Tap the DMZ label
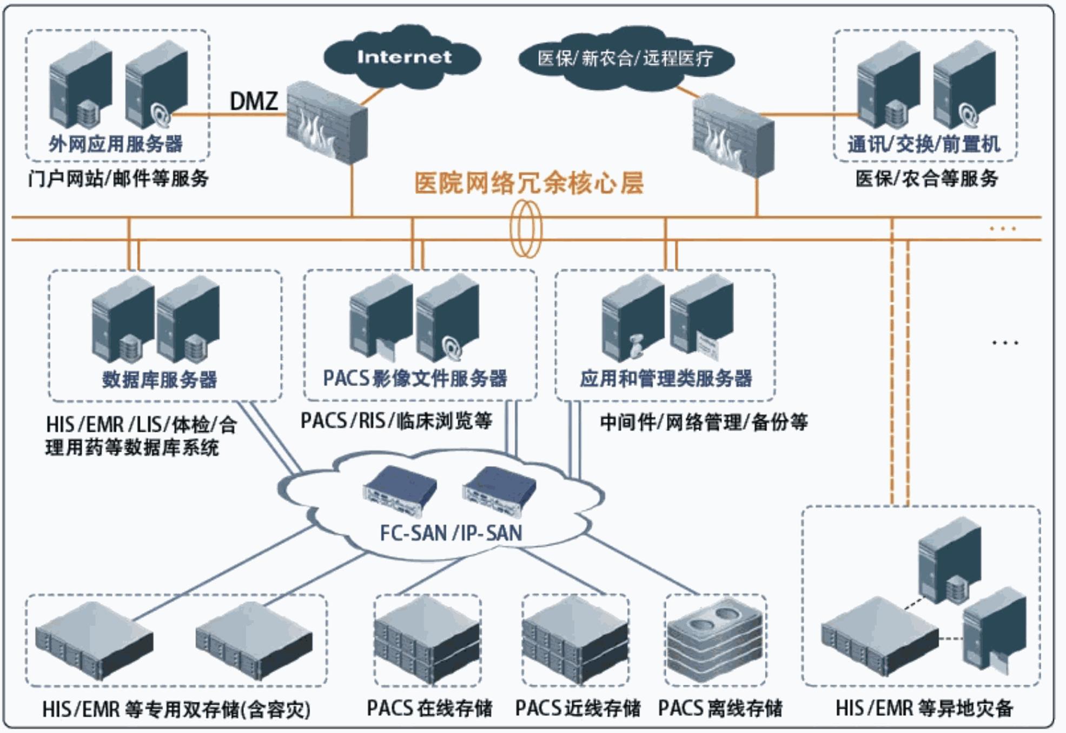(x=254, y=101)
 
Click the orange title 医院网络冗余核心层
(x=529, y=183)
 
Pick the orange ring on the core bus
(x=526, y=228)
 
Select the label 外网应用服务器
(x=116, y=144)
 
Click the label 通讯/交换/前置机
(x=924, y=144)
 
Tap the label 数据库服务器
(x=160, y=379)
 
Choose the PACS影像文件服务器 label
(x=415, y=378)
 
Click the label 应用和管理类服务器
(x=666, y=378)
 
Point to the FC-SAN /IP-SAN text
(x=451, y=533)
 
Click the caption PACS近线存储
(x=578, y=708)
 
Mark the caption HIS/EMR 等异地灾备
(x=924, y=708)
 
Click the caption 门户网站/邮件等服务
(x=118, y=178)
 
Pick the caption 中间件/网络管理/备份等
(x=704, y=422)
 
